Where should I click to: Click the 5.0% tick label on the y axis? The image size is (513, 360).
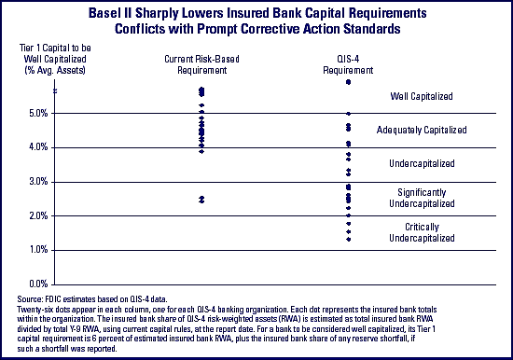coord(38,114)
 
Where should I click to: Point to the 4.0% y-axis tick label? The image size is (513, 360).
coord(38,147)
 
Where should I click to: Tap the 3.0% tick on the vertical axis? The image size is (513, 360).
coord(38,182)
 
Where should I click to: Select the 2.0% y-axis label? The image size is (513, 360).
coord(38,216)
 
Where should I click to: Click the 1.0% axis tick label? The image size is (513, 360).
coord(38,250)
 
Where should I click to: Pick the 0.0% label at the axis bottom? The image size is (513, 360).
coord(38,284)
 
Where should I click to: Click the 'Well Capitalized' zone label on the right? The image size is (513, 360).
coord(422,96)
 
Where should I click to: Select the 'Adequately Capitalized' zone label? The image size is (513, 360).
coord(422,130)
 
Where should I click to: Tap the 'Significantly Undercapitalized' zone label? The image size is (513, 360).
coord(422,198)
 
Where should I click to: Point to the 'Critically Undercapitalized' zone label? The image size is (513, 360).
coord(422,232)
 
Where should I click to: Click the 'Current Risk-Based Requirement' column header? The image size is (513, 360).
coord(201,64)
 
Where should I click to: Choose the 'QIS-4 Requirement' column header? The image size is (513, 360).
coord(348,64)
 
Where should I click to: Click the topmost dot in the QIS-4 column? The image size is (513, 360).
coord(349,82)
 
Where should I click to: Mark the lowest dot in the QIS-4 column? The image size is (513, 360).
coord(349,240)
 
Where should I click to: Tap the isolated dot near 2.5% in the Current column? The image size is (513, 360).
coord(201,200)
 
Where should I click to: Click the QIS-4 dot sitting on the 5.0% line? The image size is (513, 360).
coord(349,114)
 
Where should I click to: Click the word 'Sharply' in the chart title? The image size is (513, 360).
coord(156,13)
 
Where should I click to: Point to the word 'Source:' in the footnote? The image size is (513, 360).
coord(30,299)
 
